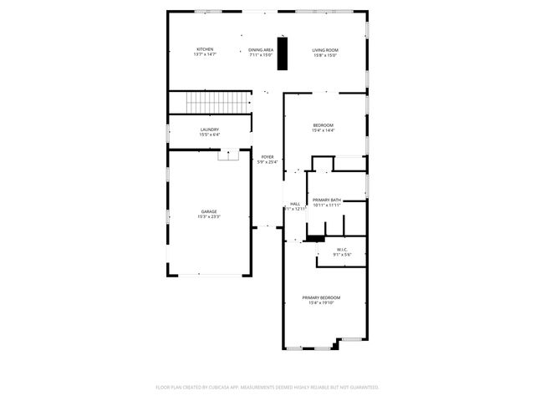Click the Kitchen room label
pos(205,49)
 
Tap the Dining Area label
pos(261,49)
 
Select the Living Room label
pos(325,49)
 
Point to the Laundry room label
pos(209,129)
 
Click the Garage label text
pos(208,211)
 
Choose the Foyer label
pos(267,156)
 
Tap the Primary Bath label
pos(326,200)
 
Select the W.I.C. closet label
pos(342,249)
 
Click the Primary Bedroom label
pos(321,297)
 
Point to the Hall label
pos(295,204)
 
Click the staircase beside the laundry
pos(218,104)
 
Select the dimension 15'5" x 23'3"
pos(208,217)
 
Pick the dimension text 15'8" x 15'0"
pos(325,55)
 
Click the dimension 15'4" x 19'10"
pos(321,303)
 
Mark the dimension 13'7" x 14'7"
pos(205,55)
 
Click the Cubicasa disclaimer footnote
pos(267,387)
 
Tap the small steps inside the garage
pos(228,155)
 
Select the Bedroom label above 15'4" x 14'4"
pos(324,125)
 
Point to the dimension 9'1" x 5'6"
pos(342,255)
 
